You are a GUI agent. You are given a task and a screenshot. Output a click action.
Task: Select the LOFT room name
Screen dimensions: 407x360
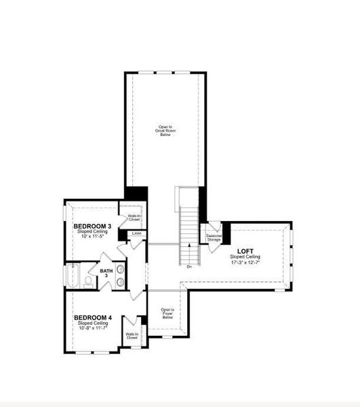[x=245, y=251]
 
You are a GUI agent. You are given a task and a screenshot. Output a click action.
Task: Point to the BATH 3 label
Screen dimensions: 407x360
[x=106, y=273]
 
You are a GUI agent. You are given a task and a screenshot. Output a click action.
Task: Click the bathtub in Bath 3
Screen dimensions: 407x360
[x=73, y=276]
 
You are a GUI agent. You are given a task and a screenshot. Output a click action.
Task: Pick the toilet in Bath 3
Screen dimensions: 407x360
[x=88, y=282]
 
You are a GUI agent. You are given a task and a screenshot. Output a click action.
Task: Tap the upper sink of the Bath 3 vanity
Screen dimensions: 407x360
[x=121, y=270]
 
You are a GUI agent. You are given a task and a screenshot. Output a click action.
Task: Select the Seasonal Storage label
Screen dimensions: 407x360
[x=214, y=237]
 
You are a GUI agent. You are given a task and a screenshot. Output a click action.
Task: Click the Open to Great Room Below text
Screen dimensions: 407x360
[x=165, y=130]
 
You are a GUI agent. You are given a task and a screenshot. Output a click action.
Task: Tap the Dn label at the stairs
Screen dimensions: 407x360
[x=190, y=267]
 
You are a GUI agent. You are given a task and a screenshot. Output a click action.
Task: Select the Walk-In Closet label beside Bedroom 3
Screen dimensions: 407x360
[x=134, y=218]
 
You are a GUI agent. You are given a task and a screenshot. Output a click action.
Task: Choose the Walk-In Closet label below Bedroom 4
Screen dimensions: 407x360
[x=132, y=335]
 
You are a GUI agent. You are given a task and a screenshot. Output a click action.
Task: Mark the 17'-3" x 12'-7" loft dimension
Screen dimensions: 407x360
[x=245, y=263]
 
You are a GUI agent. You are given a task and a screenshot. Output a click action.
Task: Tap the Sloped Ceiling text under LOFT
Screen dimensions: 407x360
[x=245, y=257]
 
